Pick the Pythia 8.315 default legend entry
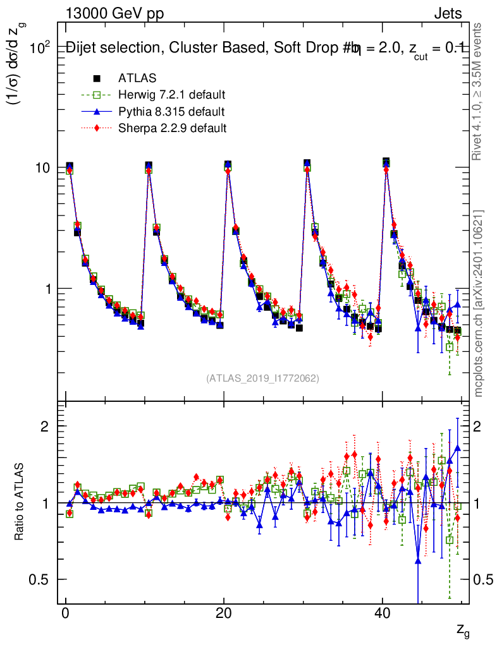click(171, 112)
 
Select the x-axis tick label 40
click(382, 614)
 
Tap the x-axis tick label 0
click(66, 614)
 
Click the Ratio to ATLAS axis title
click(20, 502)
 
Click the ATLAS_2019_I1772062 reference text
click(262, 378)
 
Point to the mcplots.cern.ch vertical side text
click(479, 304)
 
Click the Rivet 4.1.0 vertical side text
click(479, 92)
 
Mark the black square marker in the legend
click(97, 79)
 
